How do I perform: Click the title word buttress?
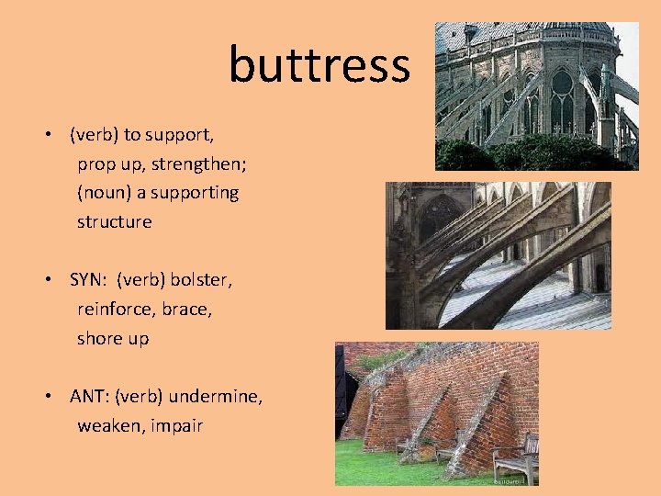tap(319, 64)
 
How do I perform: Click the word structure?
tap(114, 222)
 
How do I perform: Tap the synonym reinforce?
tap(117, 310)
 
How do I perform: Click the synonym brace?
tap(187, 310)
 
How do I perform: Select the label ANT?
tap(89, 397)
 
